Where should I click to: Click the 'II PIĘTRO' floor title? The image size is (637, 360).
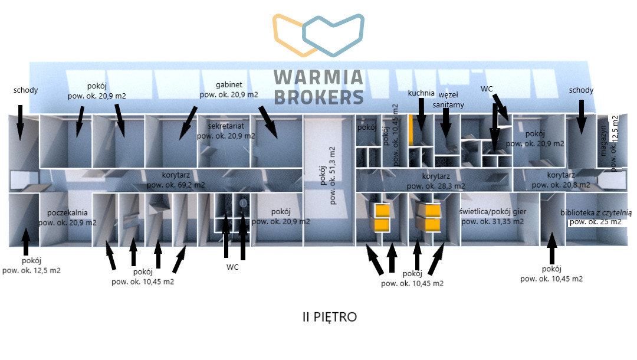click(x=330, y=317)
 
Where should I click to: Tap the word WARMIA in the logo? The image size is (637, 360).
click(x=318, y=77)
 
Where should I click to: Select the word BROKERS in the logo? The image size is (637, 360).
click(x=319, y=97)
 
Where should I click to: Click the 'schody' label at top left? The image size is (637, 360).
click(x=25, y=90)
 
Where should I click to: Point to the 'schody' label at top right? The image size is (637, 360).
click(x=581, y=90)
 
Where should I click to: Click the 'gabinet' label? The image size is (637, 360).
click(x=229, y=85)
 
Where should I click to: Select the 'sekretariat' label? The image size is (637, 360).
click(x=226, y=126)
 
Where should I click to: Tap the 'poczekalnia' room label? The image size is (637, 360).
click(x=67, y=213)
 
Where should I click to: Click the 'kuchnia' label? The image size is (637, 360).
click(x=421, y=93)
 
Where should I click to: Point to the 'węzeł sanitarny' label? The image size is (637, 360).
click(x=448, y=100)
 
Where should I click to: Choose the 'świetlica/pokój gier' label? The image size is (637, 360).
click(x=492, y=212)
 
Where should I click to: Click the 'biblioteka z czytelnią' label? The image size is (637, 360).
click(x=596, y=212)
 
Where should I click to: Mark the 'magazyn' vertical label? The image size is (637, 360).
click(x=603, y=140)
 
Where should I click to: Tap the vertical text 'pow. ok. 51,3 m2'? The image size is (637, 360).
click(x=332, y=175)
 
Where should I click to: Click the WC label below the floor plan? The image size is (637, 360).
click(x=232, y=267)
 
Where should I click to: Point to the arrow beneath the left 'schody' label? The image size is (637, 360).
click(x=20, y=123)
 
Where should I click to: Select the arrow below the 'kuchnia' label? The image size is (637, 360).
click(x=421, y=114)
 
